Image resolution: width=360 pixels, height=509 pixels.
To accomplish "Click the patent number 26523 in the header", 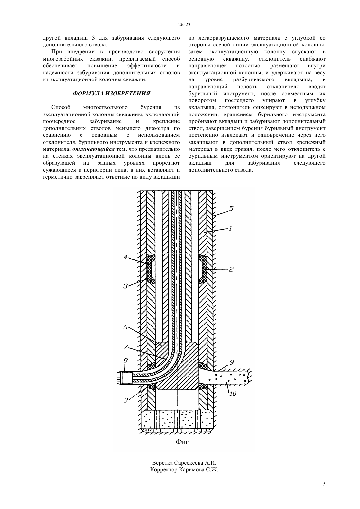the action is coord(184,25).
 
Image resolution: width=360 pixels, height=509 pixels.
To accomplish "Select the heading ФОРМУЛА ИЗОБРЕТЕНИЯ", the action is coord(111,93).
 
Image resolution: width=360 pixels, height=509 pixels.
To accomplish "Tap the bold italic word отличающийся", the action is coord(93,149).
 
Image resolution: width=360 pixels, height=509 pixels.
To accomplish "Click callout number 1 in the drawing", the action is coord(230,228).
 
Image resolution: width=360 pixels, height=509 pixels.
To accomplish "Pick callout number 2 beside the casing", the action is coord(231,269).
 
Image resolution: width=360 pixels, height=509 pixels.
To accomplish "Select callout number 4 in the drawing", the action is coord(125,258).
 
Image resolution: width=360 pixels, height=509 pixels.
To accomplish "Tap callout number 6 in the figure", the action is coord(125,327).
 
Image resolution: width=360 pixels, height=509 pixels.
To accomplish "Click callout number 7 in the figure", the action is coord(126,347).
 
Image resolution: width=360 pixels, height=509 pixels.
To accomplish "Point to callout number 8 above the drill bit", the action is coord(125,360).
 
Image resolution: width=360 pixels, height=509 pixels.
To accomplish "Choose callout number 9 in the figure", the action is coord(232,362).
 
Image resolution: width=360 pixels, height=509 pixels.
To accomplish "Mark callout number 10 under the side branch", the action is coord(233,394).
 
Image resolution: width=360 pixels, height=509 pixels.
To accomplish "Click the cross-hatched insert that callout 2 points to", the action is coord(203,269).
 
